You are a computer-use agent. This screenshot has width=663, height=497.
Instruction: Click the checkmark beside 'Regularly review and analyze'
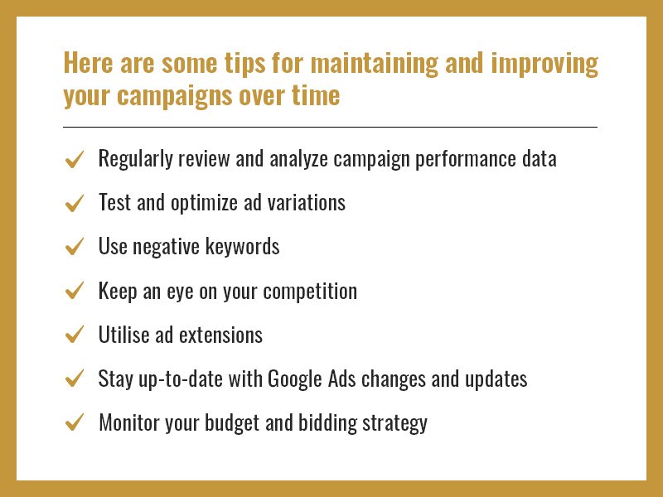pos(75,160)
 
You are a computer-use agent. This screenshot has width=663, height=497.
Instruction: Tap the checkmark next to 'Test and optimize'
pos(75,203)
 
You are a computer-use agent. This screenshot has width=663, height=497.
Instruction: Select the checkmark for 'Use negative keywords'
pos(75,247)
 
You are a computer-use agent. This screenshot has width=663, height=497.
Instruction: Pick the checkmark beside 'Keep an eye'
pos(75,291)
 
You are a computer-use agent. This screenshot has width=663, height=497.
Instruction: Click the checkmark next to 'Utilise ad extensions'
pos(75,335)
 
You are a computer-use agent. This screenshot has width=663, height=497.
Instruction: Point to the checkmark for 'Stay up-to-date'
pos(75,379)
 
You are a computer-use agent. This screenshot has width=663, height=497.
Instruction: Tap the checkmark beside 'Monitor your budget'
pos(75,422)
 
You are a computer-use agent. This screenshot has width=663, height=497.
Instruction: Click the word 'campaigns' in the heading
pos(175,95)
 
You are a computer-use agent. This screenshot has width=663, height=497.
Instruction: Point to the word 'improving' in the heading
pos(544,64)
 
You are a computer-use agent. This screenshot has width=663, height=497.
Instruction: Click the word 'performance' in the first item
pos(466,160)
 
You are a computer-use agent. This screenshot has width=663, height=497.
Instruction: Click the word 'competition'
pos(310,292)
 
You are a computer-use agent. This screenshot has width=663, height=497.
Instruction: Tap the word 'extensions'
pos(220,335)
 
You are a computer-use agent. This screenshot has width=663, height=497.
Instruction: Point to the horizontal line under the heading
pos(330,127)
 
